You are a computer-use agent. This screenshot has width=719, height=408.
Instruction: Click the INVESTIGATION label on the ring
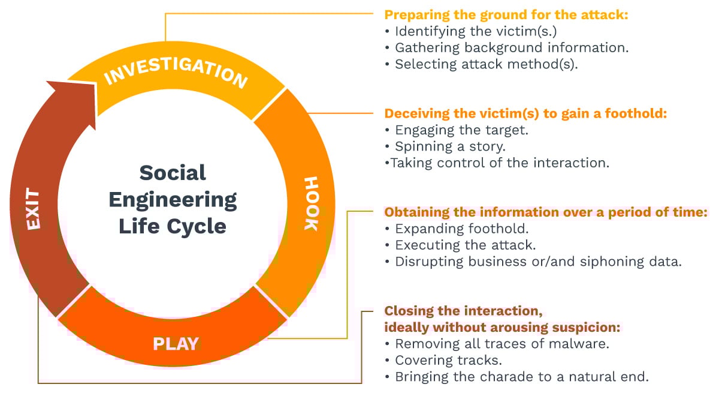coord(176,72)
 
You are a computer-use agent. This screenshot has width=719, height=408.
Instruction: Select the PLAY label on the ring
coord(176,344)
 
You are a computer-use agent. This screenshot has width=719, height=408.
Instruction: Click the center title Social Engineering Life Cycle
coord(173,199)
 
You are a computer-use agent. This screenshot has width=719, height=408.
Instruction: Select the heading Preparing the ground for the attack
coord(506,15)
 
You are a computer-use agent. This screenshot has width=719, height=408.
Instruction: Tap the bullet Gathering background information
coord(511,48)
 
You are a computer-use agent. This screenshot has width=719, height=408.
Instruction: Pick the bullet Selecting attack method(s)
coord(486,64)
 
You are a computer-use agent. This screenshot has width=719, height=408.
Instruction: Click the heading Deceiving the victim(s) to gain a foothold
coord(525,113)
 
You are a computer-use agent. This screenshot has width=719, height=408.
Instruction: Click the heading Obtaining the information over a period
coord(546,212)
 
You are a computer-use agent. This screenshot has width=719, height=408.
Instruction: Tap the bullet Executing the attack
coord(465,245)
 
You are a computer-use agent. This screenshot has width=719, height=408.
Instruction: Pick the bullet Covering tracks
coord(448,361)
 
